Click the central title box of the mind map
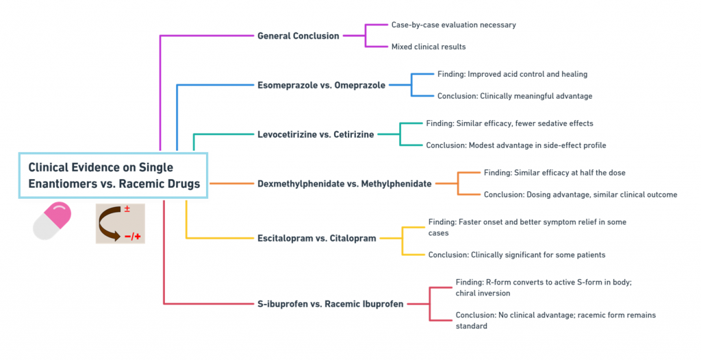(x=113, y=175)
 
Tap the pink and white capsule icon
(x=52, y=221)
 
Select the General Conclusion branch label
(x=298, y=36)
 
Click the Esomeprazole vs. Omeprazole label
(x=321, y=85)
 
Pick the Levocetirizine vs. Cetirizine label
(x=316, y=134)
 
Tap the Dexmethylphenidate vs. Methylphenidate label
(x=344, y=184)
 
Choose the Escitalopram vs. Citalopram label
(x=316, y=238)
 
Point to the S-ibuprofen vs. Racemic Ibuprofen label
(x=331, y=304)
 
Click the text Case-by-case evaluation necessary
(x=454, y=25)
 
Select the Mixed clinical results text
(x=429, y=47)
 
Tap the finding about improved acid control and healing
(x=512, y=74)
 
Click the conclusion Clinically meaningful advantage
(x=515, y=96)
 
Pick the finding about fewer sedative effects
(x=509, y=123)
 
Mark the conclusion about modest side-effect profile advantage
(x=516, y=145)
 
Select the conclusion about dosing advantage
(x=581, y=194)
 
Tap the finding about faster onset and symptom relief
(x=528, y=228)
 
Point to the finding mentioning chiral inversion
(x=544, y=287)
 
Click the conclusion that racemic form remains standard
(x=556, y=320)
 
